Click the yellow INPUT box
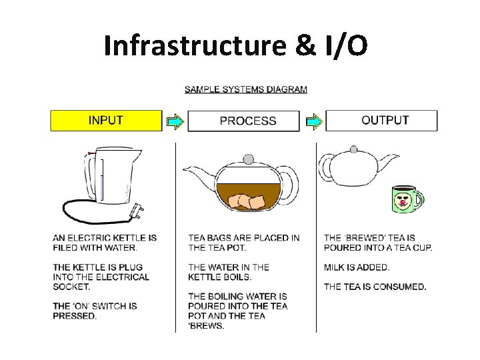pyautogui.click(x=106, y=121)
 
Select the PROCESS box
pyautogui.click(x=247, y=121)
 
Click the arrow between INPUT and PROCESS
pyautogui.click(x=175, y=121)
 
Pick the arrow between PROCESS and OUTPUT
pyautogui.click(x=313, y=121)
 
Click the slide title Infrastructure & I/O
pyautogui.click(x=235, y=45)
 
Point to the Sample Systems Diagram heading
pyautogui.click(x=245, y=89)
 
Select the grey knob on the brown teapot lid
pyautogui.click(x=249, y=159)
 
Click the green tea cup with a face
pyautogui.click(x=404, y=198)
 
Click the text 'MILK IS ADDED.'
pyautogui.click(x=357, y=267)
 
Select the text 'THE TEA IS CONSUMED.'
pyautogui.click(x=375, y=287)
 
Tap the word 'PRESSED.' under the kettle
pyautogui.click(x=75, y=316)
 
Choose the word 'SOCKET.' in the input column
pyautogui.click(x=71, y=287)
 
